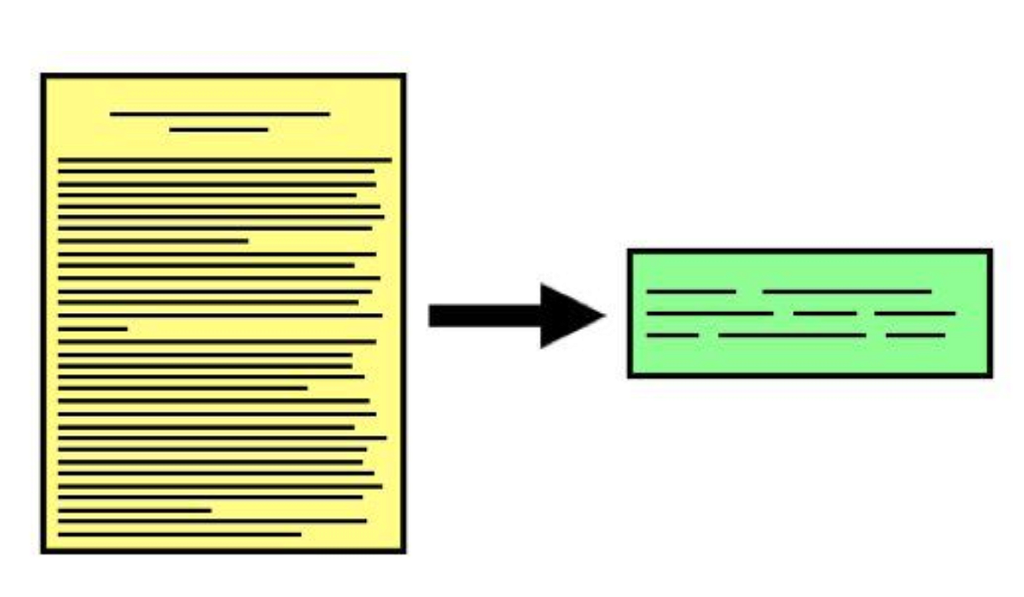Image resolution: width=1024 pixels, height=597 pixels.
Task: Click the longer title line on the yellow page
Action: point(219,113)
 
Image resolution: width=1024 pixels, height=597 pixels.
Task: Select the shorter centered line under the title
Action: point(218,130)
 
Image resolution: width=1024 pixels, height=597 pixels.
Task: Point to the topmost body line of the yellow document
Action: point(224,159)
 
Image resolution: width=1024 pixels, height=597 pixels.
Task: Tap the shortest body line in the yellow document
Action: point(92,328)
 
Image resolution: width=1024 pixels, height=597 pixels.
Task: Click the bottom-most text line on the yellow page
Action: point(179,535)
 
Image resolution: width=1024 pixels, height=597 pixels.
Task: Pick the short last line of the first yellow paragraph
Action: point(153,241)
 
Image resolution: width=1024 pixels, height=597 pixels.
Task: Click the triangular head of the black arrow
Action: point(567,316)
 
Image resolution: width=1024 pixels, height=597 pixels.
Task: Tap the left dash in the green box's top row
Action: point(691,292)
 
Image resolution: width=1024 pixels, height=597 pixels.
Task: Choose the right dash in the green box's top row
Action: point(847,292)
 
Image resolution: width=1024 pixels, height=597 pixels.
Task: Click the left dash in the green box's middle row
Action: point(709,314)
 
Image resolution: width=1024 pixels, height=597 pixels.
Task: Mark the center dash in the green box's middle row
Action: point(824,314)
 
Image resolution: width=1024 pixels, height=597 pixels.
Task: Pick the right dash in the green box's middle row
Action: point(915,314)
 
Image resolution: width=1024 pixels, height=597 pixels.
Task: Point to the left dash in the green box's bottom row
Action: point(672,335)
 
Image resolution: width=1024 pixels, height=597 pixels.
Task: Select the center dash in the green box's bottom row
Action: point(792,335)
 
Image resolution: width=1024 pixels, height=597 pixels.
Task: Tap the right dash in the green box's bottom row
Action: point(916,335)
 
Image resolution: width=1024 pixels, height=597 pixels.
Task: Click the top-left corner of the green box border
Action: point(630,251)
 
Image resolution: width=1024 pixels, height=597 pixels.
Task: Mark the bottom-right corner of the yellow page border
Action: point(403,551)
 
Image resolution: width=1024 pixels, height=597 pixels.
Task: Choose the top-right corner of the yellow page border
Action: point(403,76)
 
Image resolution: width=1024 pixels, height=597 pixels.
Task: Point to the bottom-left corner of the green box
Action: point(630,374)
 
